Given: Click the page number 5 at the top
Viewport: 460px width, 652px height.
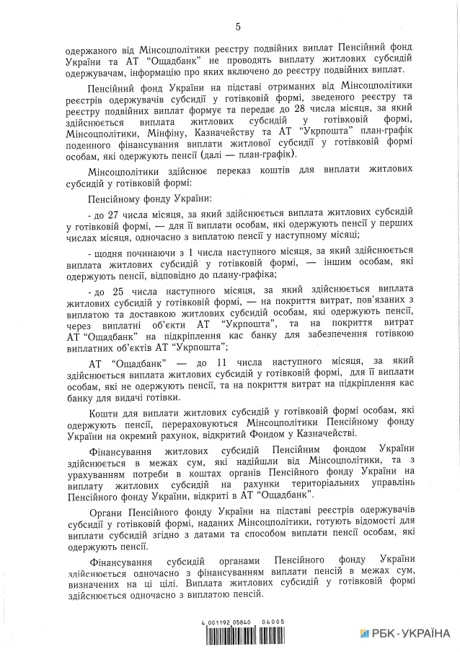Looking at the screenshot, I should [x=236, y=27].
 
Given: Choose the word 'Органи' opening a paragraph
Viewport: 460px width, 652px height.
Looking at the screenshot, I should [x=107, y=511].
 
